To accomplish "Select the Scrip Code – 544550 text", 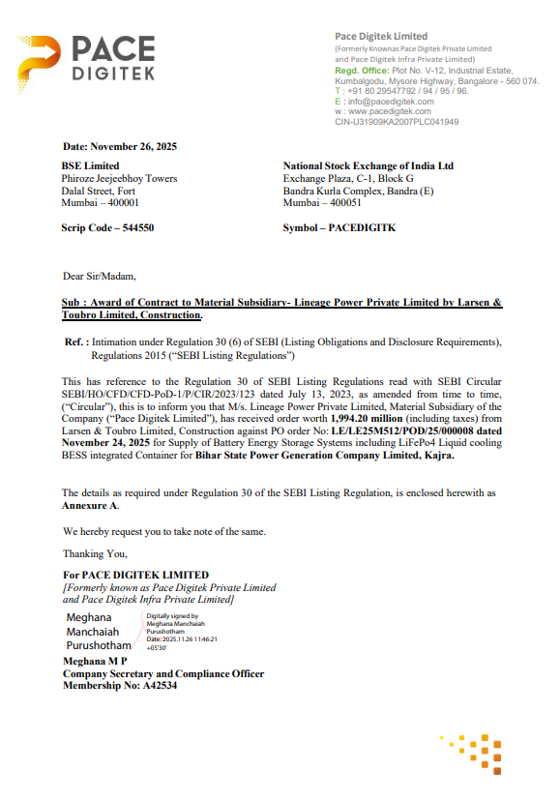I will pyautogui.click(x=107, y=228).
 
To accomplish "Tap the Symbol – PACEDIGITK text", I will pyautogui.click(x=339, y=228).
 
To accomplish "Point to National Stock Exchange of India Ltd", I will pyautogui.click(x=368, y=166).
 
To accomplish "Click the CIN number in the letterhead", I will pyautogui.click(x=397, y=122).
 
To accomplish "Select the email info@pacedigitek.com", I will pyautogui.click(x=390, y=102).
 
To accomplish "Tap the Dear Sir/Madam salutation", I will pyautogui.click(x=93, y=277).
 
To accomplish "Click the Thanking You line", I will pyautogui.click(x=95, y=554).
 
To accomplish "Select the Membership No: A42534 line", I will pyautogui.click(x=119, y=685).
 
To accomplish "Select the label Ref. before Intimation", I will pyautogui.click(x=75, y=342).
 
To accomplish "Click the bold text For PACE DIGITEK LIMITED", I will pyautogui.click(x=134, y=576).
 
